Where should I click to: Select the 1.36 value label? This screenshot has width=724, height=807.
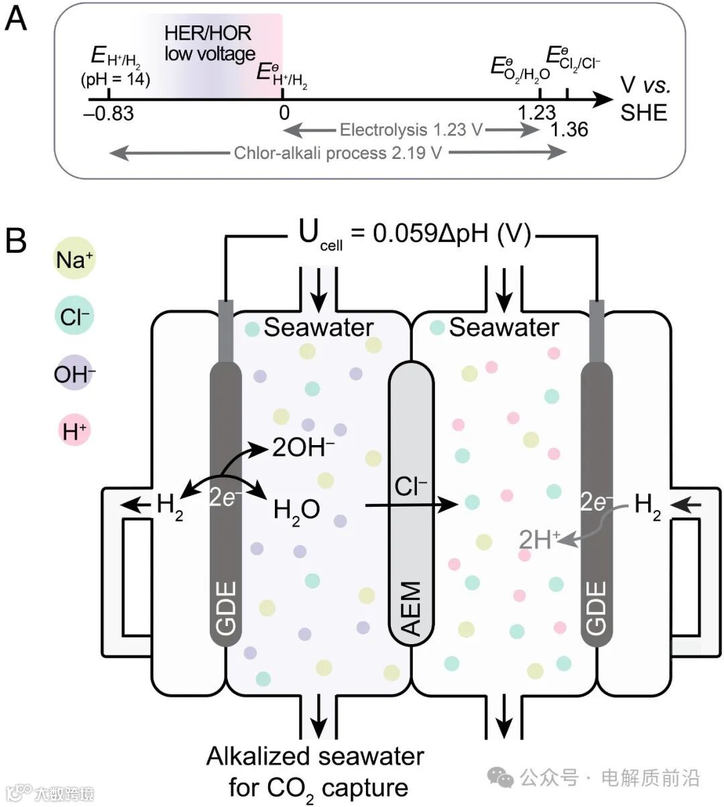tap(569, 129)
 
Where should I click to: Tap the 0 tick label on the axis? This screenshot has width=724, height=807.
tap(284, 112)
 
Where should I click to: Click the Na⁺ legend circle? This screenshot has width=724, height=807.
tap(74, 260)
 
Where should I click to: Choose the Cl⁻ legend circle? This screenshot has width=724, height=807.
tap(74, 316)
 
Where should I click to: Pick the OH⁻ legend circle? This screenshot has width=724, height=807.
tap(74, 373)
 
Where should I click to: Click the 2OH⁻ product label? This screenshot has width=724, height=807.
tap(303, 448)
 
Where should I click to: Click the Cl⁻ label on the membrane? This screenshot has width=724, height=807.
tap(411, 487)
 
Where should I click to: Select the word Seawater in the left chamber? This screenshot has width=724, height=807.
tap(318, 327)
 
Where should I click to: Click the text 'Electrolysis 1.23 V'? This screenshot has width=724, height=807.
tap(410, 129)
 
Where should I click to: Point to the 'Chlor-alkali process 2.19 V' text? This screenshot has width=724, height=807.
tap(337, 153)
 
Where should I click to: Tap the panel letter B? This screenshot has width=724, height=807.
tap(15, 241)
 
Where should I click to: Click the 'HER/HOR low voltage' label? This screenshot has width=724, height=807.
tap(209, 43)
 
